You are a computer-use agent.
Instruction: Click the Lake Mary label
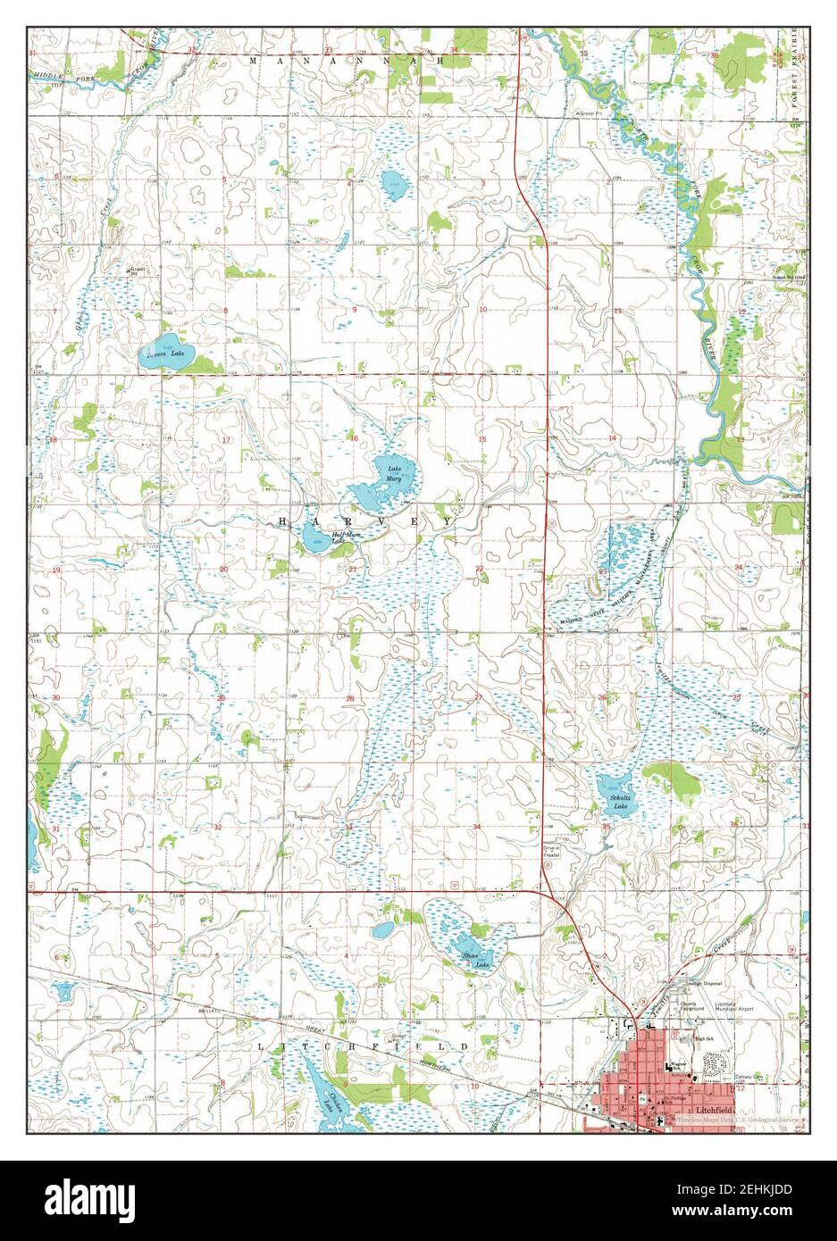pos(394,473)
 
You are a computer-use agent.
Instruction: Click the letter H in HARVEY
pos(285,521)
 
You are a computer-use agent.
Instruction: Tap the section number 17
pos(226,440)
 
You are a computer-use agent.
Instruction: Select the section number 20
pos(223,569)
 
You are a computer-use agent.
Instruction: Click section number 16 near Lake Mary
pos(354,438)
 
